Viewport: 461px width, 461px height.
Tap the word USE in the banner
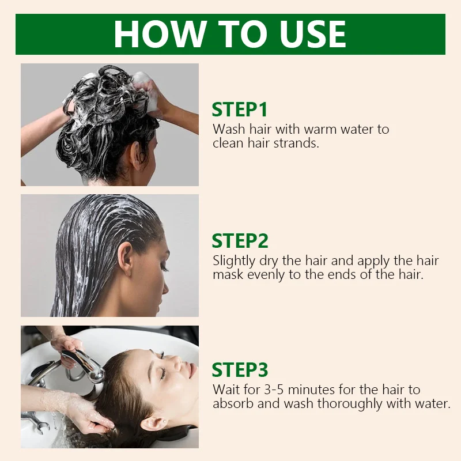pos(313,34)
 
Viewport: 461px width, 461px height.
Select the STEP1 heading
pos(240,109)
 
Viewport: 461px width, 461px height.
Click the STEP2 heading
pos(240,241)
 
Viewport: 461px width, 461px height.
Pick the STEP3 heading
pos(240,369)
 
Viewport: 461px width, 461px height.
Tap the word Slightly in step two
pos(234,262)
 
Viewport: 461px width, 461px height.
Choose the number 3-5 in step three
pos(274,390)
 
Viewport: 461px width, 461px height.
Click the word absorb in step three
pos(233,403)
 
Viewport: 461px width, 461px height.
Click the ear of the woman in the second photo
pos(124,259)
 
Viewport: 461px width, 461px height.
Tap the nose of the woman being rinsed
pos(178,362)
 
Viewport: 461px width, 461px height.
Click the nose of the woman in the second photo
pos(166,288)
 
